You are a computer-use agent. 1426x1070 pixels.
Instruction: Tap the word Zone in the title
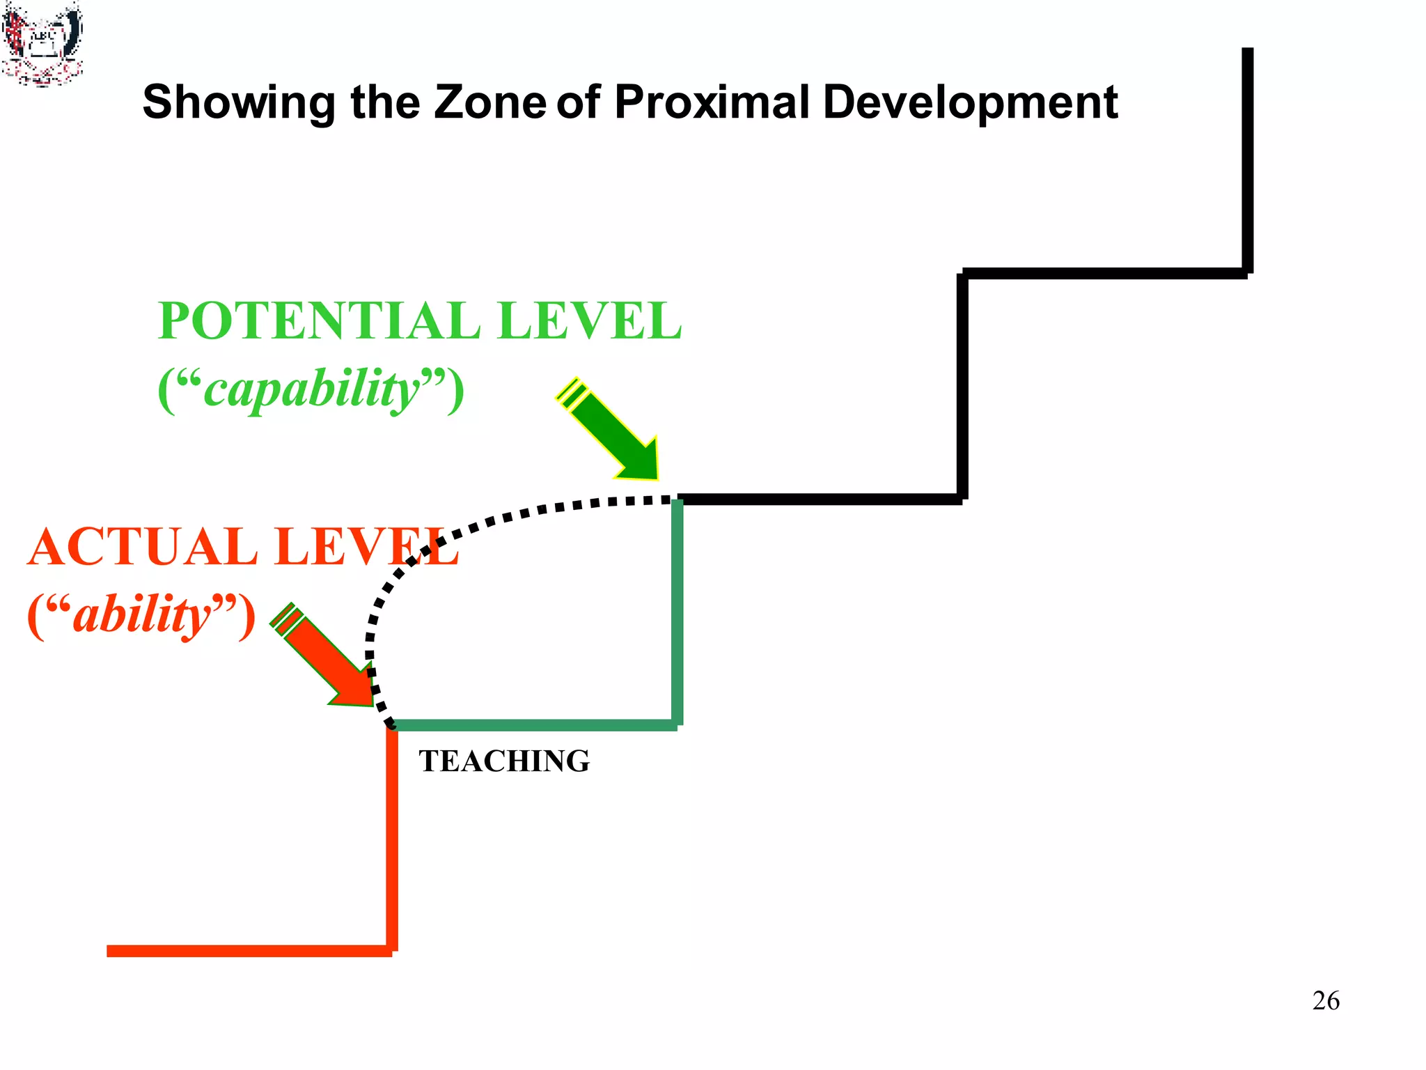pos(489,102)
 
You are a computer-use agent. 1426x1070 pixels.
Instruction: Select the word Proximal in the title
pos(712,102)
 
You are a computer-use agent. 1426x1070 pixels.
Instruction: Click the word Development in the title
pos(970,103)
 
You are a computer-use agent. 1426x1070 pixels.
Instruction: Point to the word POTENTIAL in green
pos(319,321)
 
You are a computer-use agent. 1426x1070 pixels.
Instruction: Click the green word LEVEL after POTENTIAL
pos(590,321)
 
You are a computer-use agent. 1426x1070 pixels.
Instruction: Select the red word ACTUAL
pos(143,547)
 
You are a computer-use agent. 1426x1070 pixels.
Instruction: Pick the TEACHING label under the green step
pos(504,761)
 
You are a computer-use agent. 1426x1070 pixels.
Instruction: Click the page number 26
pos(1325,1000)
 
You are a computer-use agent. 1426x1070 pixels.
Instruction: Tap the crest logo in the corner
pos(42,43)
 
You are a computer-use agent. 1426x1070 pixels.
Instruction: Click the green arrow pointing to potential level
pos(613,433)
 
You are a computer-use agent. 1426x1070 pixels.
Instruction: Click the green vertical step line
pos(677,613)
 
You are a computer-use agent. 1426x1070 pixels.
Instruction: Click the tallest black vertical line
pos(1247,160)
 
